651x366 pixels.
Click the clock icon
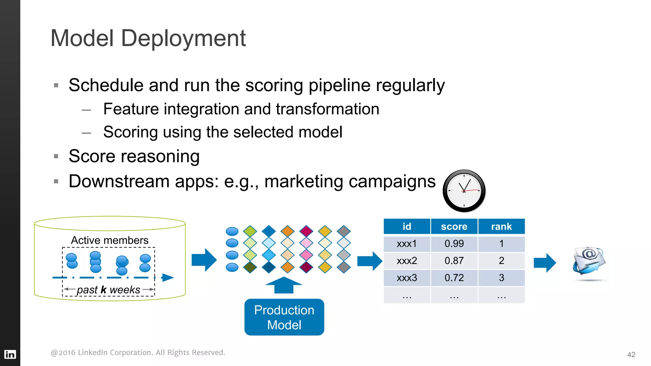[464, 191]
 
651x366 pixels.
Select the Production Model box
[284, 317]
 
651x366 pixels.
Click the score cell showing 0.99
[454, 244]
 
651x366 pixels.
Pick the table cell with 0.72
[454, 278]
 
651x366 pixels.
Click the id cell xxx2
[407, 261]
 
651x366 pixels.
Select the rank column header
[501, 227]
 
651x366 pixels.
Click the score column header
[454, 227]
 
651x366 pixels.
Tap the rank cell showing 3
[501, 278]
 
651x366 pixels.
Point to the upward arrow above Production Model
[284, 285]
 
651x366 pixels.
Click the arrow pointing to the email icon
[545, 263]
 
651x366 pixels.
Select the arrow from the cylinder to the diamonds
[204, 260]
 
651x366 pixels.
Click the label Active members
[110, 240]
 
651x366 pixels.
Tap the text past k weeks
[108, 290]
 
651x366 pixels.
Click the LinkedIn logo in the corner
[10, 354]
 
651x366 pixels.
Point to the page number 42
[631, 355]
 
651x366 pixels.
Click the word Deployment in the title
[183, 38]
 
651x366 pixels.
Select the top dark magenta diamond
[306, 231]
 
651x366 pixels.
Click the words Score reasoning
[134, 156]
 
